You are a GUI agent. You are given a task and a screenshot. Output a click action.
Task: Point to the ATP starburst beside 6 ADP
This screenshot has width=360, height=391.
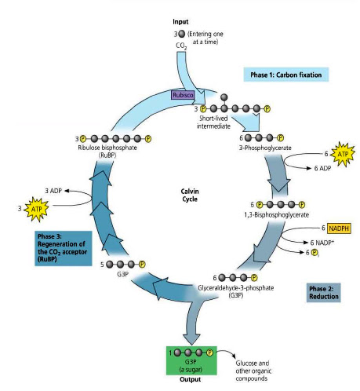tap(341, 155)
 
